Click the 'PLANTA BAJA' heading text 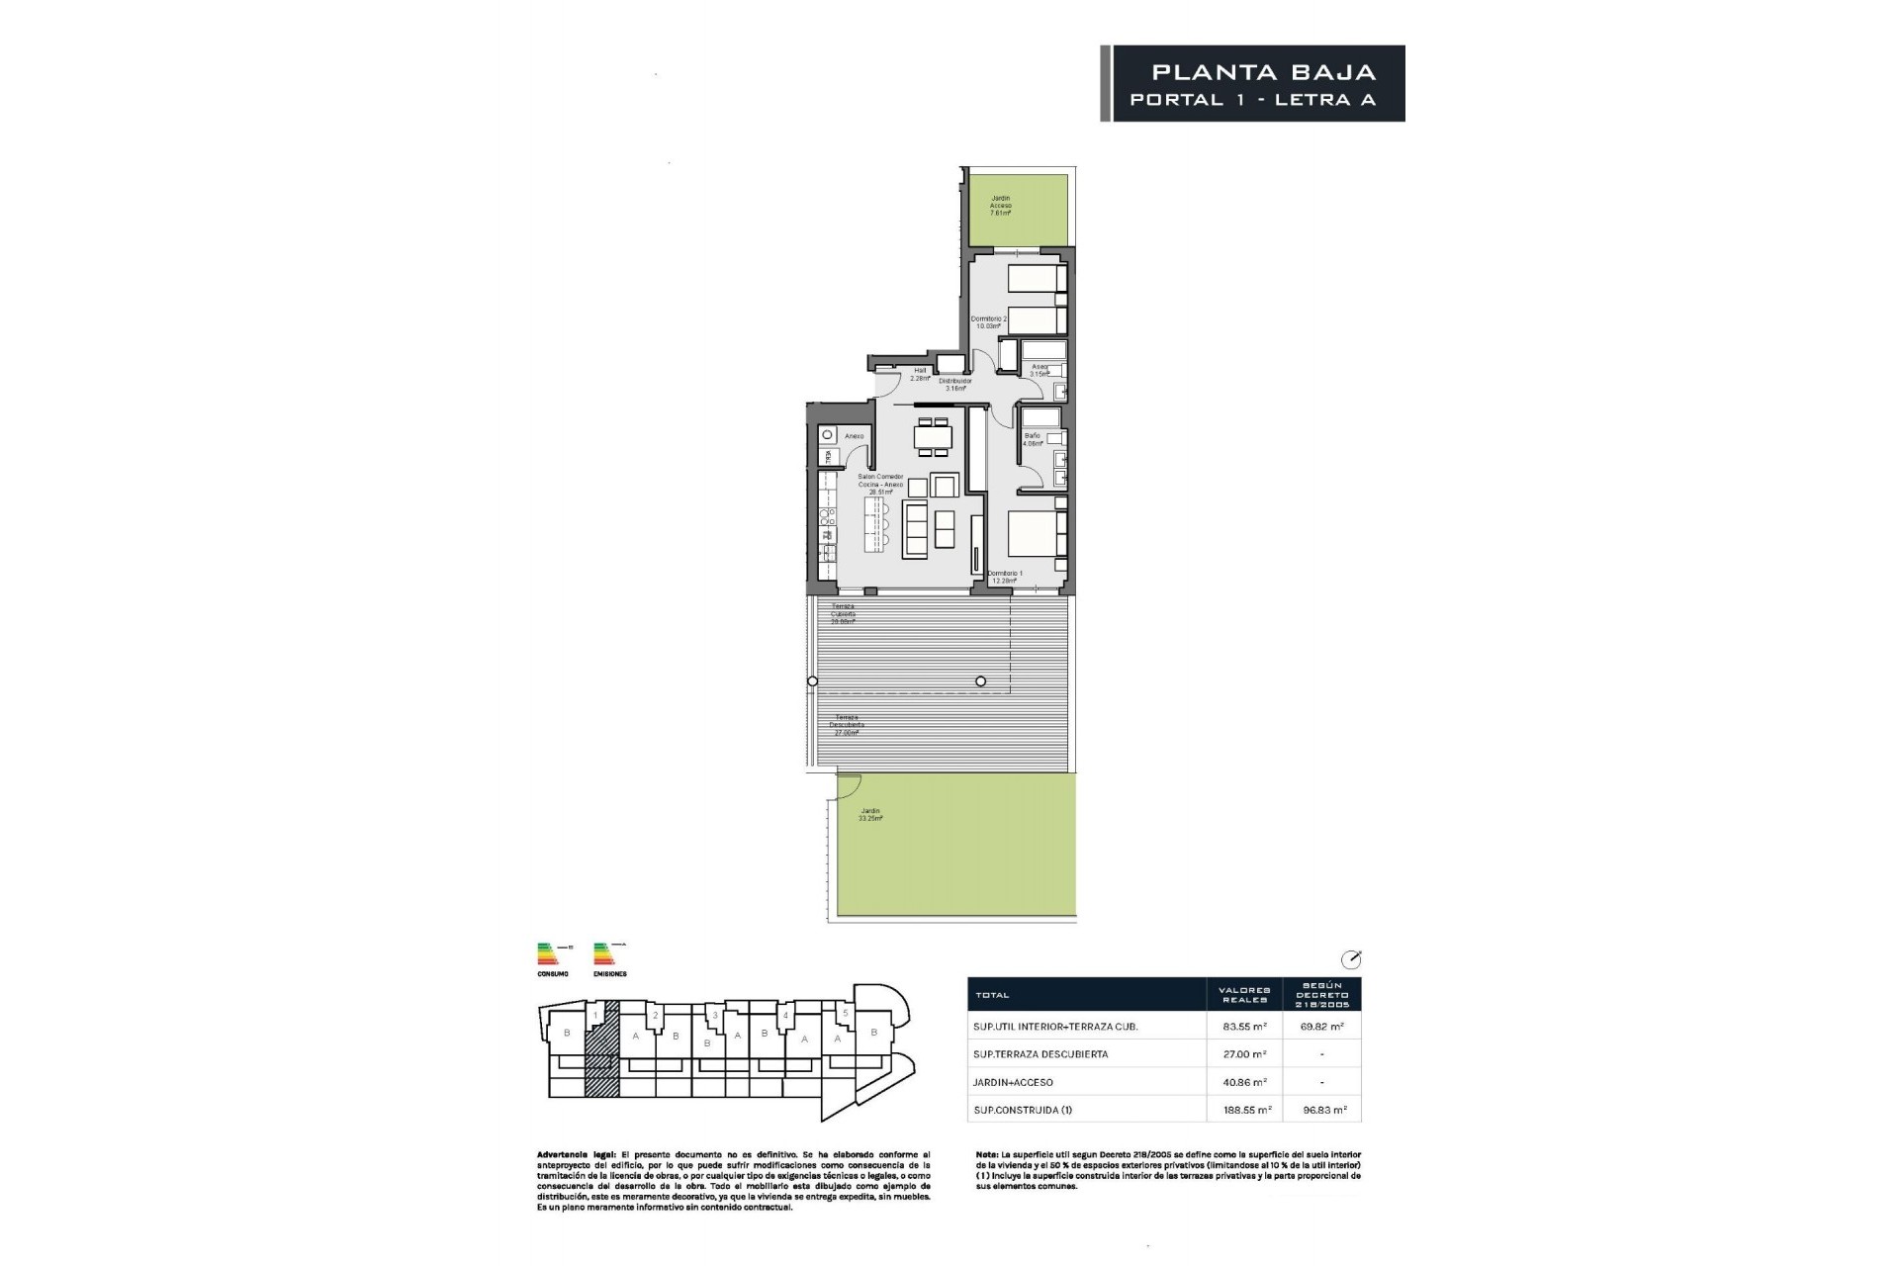pos(1264,72)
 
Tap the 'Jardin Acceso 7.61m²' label pos(1001,205)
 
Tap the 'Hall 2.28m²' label pos(920,374)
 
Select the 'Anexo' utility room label pos(855,436)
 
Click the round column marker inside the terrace pos(980,680)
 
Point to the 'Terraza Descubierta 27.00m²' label pos(846,725)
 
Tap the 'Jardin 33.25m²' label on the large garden pos(870,815)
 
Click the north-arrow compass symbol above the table pos(1351,958)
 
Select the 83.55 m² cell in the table pos(1244,1027)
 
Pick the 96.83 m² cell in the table pos(1322,1110)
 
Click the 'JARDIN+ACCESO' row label pos(1014,1082)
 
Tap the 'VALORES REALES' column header pos(1244,994)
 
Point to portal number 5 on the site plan pos(845,1014)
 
